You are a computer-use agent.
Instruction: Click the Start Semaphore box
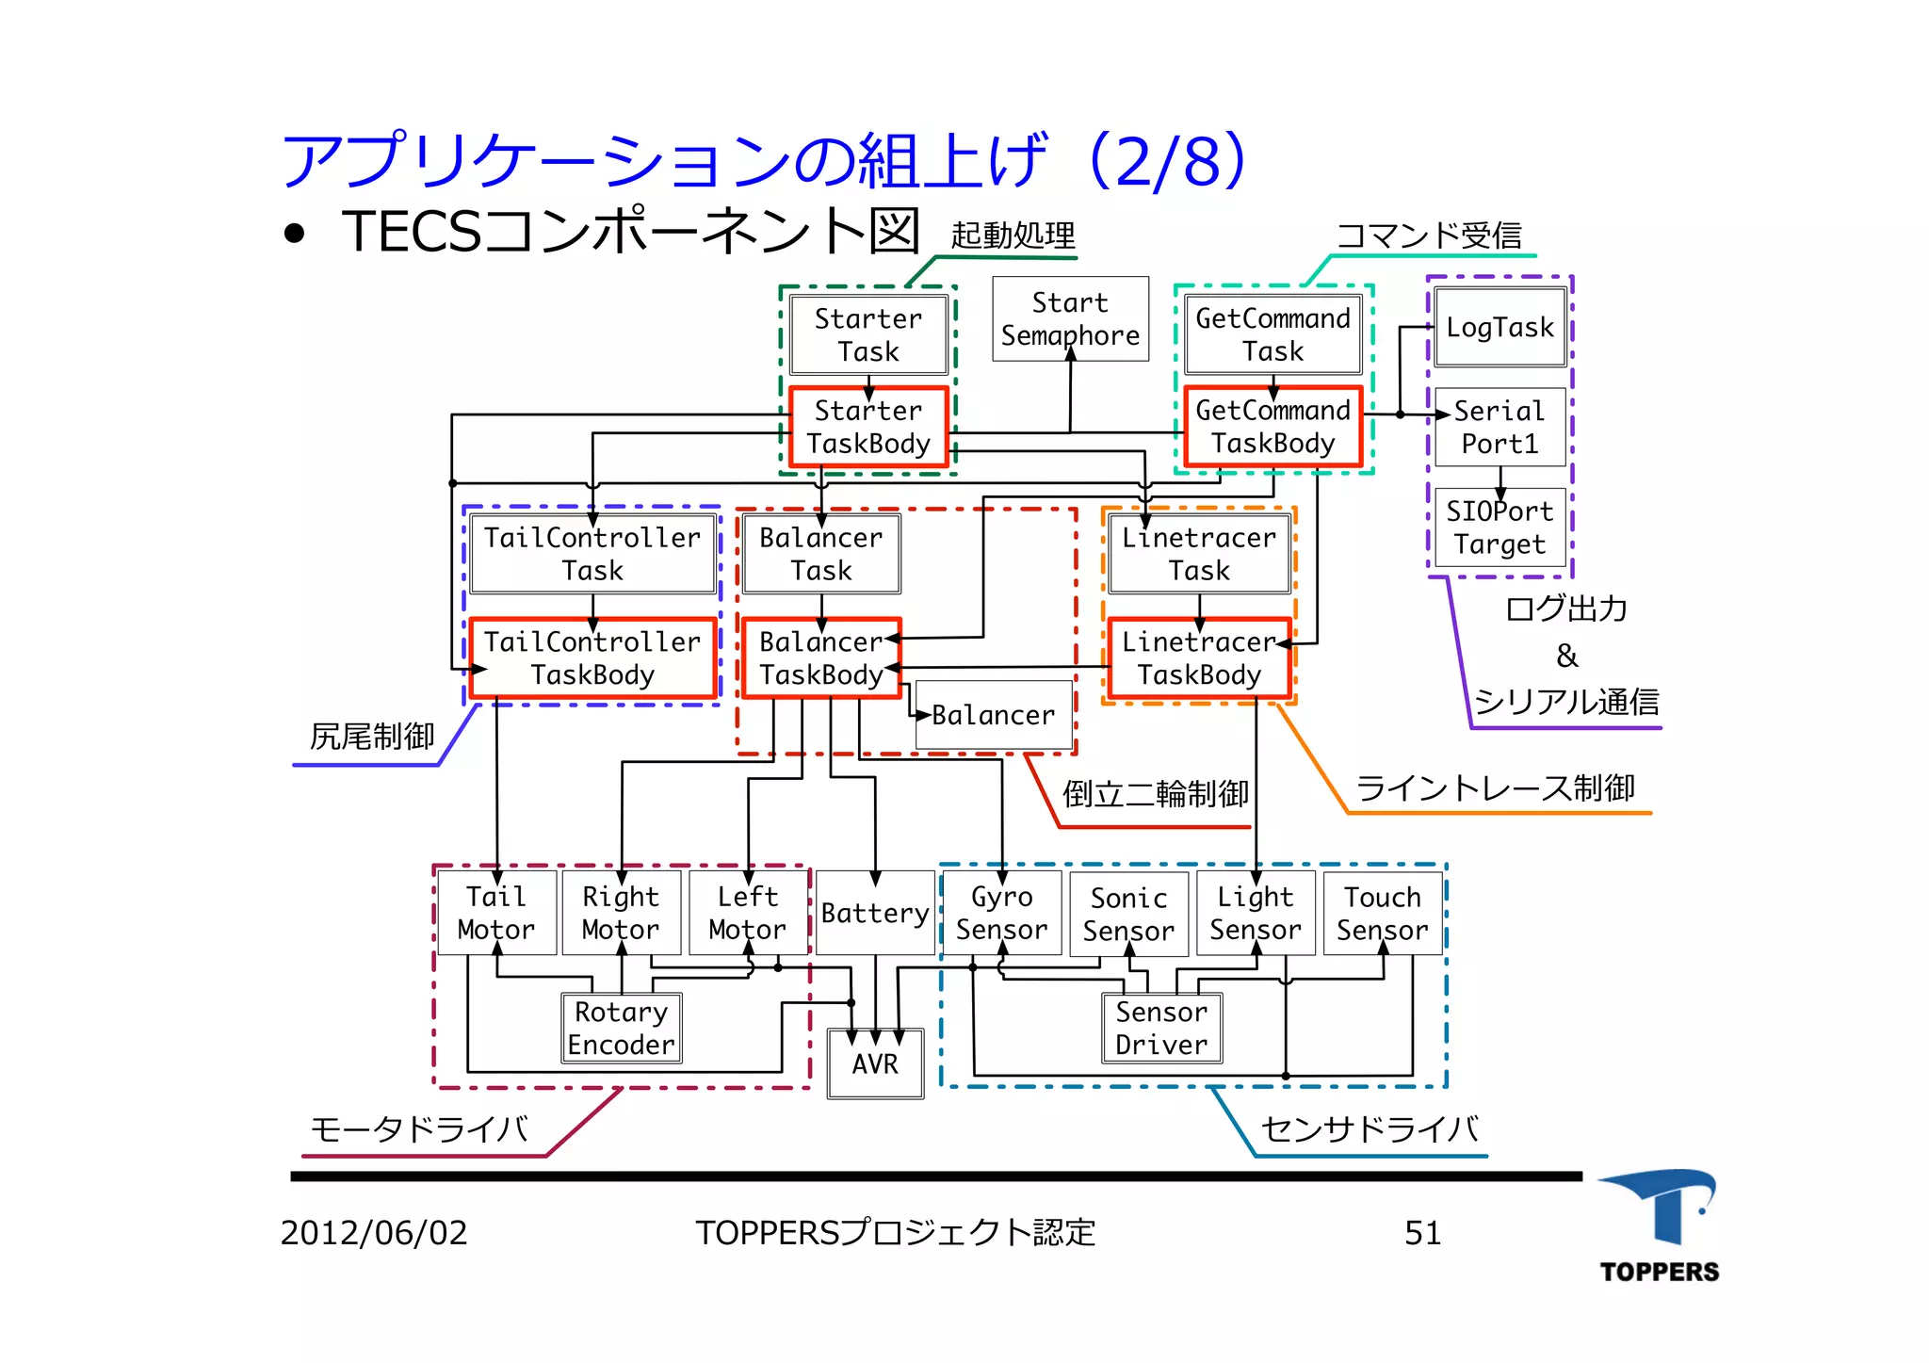point(1070,319)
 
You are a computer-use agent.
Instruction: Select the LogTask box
point(1499,328)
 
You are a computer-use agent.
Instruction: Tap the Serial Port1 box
point(1499,427)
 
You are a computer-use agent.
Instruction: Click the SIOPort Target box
point(1499,527)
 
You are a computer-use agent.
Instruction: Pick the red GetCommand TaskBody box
point(1272,427)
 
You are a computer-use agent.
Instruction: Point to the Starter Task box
point(868,335)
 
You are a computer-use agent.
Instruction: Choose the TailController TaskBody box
point(592,658)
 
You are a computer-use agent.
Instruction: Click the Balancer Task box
point(821,554)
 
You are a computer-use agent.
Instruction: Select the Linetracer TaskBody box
point(1198,658)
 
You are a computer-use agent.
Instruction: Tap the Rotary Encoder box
point(621,1029)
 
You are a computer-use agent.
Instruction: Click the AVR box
point(875,1064)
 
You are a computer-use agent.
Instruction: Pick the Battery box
point(875,913)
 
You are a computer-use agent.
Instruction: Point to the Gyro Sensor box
point(1001,913)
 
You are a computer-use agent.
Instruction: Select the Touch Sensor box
point(1382,913)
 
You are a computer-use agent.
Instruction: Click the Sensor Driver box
point(1161,1029)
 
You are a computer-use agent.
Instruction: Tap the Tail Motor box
point(496,913)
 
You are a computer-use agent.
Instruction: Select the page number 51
point(1422,1233)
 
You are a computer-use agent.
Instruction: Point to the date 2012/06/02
point(374,1233)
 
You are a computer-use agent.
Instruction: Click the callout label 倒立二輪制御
point(1155,794)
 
